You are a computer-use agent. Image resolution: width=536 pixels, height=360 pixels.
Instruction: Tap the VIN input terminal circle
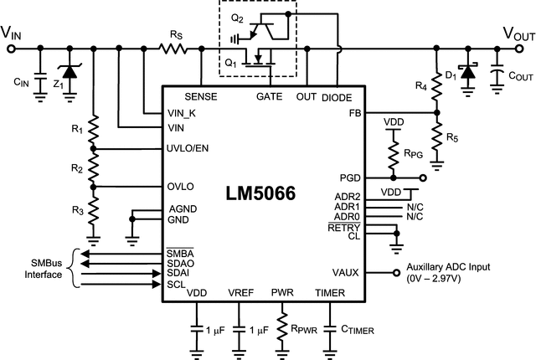pyautogui.click(x=11, y=49)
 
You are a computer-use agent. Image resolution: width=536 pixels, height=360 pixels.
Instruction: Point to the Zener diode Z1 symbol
pyautogui.click(x=68, y=75)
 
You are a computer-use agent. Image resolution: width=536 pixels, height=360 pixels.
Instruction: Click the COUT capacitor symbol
pyautogui.click(x=497, y=74)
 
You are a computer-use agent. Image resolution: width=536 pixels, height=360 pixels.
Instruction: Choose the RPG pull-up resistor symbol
pyautogui.click(x=391, y=155)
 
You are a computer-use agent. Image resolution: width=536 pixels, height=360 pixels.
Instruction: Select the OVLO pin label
pyautogui.click(x=181, y=186)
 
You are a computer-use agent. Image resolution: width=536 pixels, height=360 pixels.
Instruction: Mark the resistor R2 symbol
pyautogui.click(x=93, y=168)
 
